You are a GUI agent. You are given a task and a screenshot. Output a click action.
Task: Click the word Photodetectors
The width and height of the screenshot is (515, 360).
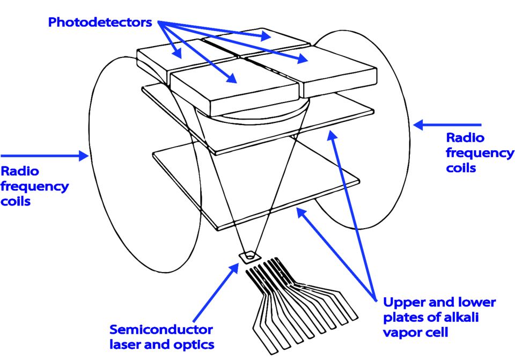pyautogui.click(x=100, y=23)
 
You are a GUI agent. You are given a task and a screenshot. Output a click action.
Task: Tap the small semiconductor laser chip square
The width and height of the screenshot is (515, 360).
pyautogui.click(x=248, y=256)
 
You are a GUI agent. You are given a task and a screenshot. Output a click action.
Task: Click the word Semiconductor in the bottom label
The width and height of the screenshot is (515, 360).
pyautogui.click(x=161, y=329)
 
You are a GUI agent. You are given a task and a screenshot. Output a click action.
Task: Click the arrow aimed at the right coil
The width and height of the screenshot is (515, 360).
pyautogui.click(x=448, y=125)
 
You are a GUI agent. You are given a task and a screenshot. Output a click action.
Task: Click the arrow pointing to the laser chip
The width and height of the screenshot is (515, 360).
pyautogui.click(x=215, y=292)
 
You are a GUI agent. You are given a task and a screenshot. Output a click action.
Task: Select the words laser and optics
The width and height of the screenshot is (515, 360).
pyautogui.click(x=161, y=344)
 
